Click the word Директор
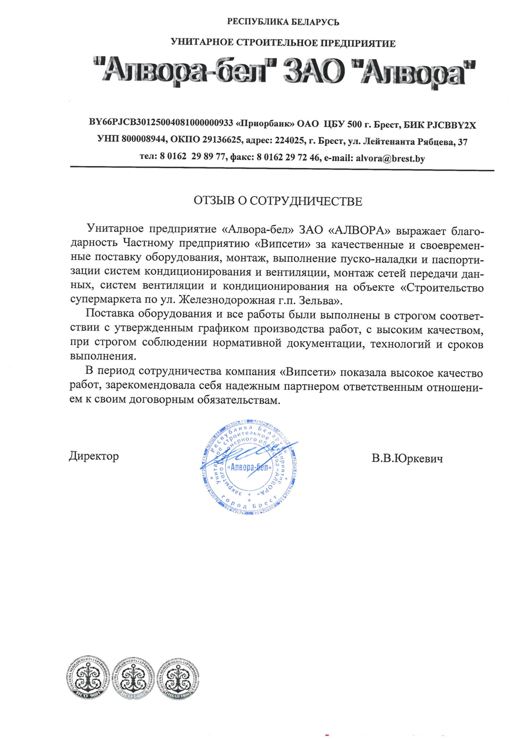94,456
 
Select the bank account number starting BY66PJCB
161,124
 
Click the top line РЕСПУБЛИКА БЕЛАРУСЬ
283,22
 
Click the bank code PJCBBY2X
451,125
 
